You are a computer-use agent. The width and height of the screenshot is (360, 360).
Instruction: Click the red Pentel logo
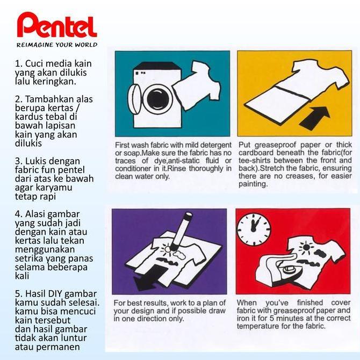(57, 25)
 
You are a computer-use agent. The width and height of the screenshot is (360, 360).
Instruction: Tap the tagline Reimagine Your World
(57, 45)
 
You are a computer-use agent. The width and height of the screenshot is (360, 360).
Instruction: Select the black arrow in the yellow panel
(315, 118)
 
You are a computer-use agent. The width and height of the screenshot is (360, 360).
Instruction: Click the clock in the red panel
(254, 229)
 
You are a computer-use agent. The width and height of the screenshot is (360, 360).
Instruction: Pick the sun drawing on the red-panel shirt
(306, 248)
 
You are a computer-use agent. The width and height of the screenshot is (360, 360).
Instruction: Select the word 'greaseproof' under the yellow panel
(276, 145)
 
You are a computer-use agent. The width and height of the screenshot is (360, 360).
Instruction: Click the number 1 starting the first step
(17, 63)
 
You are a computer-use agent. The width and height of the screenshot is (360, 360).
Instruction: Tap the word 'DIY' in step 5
(55, 294)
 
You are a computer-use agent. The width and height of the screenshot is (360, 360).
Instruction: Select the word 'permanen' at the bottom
(58, 347)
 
